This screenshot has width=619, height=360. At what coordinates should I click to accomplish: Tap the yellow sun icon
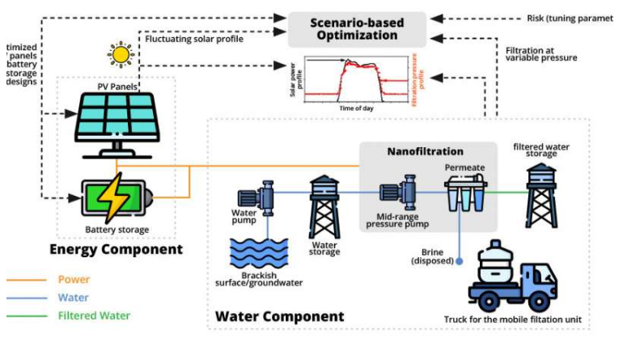tap(121, 54)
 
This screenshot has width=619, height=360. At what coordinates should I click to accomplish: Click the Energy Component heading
tap(117, 249)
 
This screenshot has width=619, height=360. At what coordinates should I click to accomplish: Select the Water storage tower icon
tap(324, 205)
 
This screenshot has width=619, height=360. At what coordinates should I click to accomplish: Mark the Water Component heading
tap(279, 316)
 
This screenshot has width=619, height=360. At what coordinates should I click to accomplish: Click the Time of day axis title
tap(355, 108)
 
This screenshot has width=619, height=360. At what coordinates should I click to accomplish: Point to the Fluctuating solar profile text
tap(193, 37)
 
